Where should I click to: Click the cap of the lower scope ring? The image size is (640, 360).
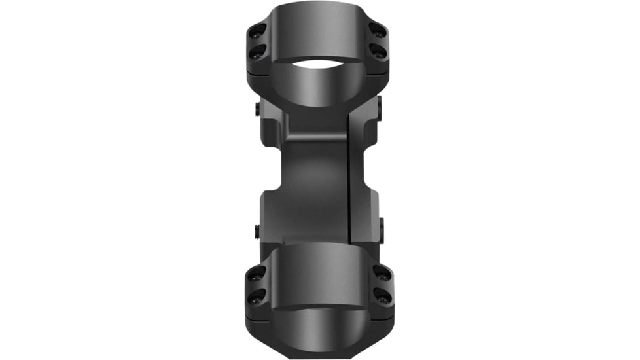(319, 268)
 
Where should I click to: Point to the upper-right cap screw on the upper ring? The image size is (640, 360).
(378, 29)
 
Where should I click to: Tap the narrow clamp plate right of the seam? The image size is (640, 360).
(362, 177)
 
